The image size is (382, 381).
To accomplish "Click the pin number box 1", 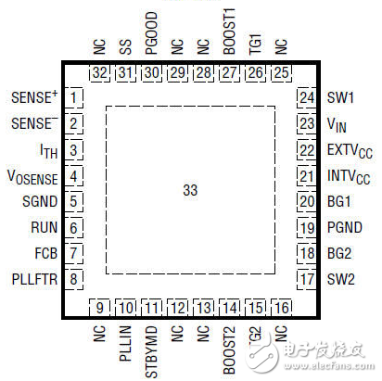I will coord(73,97).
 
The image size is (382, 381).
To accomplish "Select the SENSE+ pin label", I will coord(33,97).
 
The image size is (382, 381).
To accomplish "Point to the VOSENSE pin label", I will coord(33,175).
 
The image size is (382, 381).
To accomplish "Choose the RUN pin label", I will coord(46,226).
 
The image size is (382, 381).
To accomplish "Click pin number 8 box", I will coord(73,278).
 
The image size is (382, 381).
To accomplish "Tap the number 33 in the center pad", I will coord(190,189).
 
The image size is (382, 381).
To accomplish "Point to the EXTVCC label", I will coord(348,149).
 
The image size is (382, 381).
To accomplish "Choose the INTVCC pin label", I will coord(348,175).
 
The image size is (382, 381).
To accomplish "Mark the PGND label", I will coord(343,226).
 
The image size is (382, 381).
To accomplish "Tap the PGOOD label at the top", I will coord(152,41).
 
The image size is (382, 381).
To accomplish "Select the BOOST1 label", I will coord(230,38).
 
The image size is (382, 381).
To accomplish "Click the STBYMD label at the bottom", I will coord(152,341).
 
